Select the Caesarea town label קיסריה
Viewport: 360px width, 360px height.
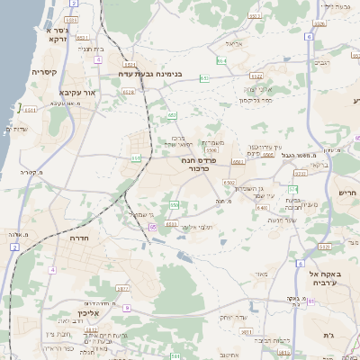click(x=45, y=72)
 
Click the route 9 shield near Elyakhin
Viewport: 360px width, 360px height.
click(x=127, y=308)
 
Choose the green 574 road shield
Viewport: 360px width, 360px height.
click(x=293, y=188)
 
